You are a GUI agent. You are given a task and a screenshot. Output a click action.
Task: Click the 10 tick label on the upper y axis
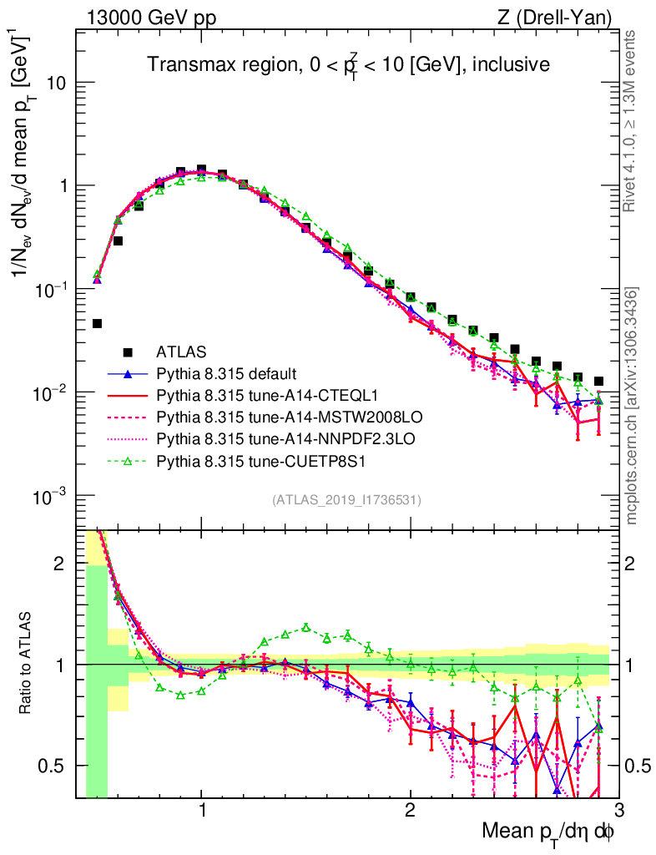click(57, 83)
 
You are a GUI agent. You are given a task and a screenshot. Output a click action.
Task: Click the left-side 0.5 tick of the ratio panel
click(57, 766)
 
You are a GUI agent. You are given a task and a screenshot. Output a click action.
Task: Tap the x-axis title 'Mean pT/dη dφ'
click(550, 833)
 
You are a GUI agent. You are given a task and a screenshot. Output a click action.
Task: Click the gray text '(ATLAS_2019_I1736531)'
click(346, 500)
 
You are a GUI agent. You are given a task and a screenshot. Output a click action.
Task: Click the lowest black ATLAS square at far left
click(97, 323)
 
